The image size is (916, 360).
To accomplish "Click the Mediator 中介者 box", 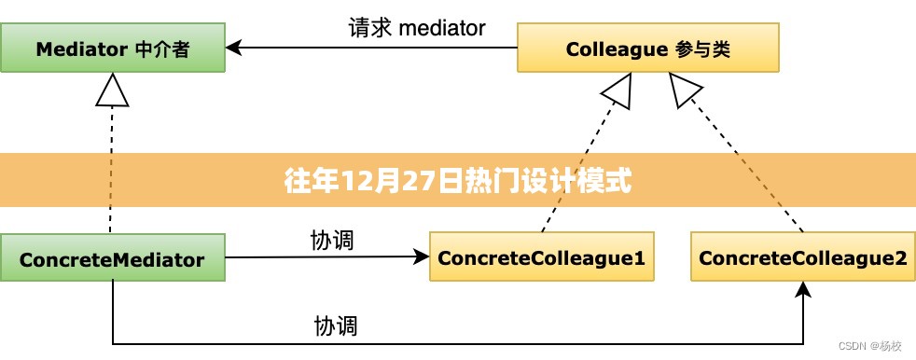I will [x=112, y=49].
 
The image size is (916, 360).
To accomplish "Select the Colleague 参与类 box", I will [x=648, y=49].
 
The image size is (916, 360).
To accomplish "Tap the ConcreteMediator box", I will [x=112, y=258].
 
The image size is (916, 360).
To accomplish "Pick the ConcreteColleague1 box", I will [x=541, y=257].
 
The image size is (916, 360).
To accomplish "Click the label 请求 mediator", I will [x=416, y=28].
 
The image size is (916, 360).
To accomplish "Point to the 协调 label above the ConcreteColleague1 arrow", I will [x=331, y=240].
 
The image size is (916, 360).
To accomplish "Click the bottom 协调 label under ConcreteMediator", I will [x=336, y=326].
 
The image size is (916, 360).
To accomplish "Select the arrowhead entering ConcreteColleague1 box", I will [x=421, y=256].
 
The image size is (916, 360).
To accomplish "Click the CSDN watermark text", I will [x=869, y=346].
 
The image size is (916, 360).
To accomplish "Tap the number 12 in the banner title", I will [x=355, y=180].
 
